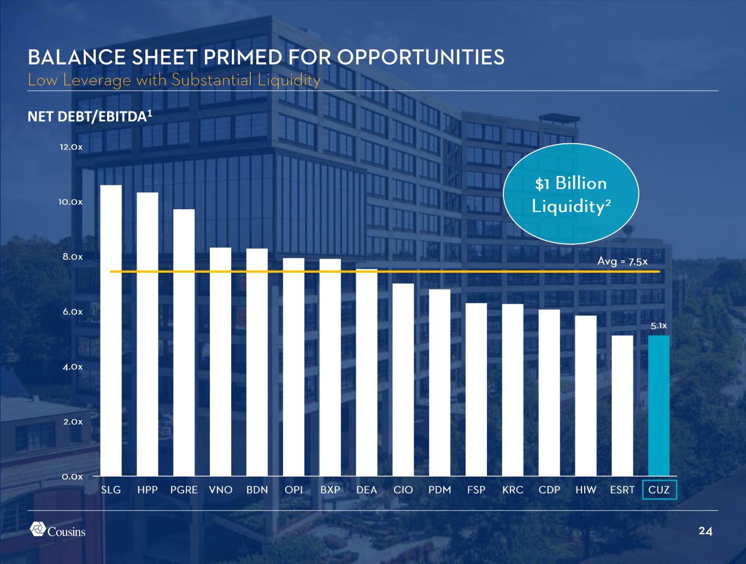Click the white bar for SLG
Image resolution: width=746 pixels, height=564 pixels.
[111, 330]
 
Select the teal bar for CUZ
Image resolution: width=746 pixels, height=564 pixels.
[659, 405]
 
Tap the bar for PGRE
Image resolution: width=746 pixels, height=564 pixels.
[184, 342]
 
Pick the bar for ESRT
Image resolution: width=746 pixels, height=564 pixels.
[622, 405]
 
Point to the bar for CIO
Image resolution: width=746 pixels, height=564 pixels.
[403, 379]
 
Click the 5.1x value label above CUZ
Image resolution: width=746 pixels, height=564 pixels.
[659, 326]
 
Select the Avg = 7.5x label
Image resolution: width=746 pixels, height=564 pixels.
[622, 262]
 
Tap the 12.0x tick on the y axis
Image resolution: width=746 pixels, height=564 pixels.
[72, 148]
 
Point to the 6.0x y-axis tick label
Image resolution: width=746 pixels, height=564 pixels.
[72, 312]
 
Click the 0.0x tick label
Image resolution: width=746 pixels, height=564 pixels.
[72, 477]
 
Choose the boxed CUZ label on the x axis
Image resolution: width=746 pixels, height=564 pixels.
[659, 490]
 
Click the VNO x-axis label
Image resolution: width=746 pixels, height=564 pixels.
[221, 490]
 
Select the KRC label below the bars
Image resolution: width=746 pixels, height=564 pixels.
[513, 490]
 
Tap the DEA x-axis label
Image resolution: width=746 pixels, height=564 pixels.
[367, 490]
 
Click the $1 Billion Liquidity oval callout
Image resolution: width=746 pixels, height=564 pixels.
[571, 195]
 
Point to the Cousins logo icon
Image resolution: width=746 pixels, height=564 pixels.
[38, 530]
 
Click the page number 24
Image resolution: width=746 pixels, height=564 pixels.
[706, 531]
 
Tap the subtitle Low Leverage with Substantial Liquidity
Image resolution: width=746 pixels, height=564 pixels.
[174, 80]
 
